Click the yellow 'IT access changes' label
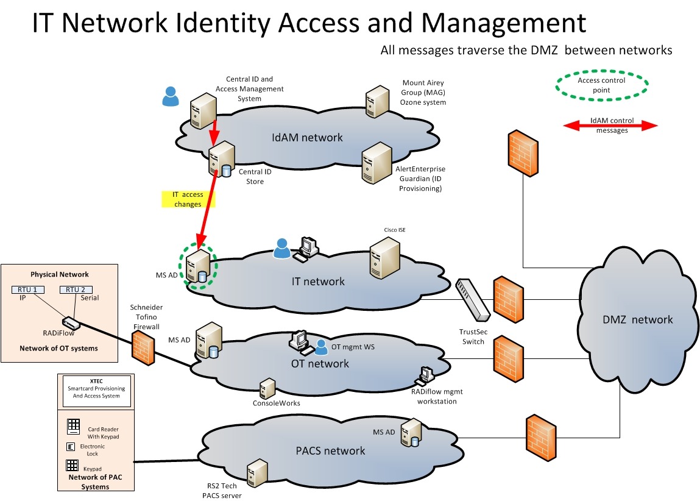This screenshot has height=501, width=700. (x=188, y=199)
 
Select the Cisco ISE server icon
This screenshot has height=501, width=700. (x=386, y=256)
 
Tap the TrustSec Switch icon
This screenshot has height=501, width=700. (x=473, y=299)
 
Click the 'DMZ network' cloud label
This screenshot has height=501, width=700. (x=637, y=319)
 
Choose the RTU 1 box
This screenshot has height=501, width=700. (x=26, y=290)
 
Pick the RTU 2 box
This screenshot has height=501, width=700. (x=76, y=290)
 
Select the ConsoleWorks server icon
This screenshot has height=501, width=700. (x=267, y=388)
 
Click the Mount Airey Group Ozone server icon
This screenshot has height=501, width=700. (x=376, y=101)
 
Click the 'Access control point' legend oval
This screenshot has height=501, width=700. (x=602, y=85)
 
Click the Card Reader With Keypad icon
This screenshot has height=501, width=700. (x=74, y=426)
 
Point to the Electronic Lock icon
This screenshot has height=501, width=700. (x=70, y=447)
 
